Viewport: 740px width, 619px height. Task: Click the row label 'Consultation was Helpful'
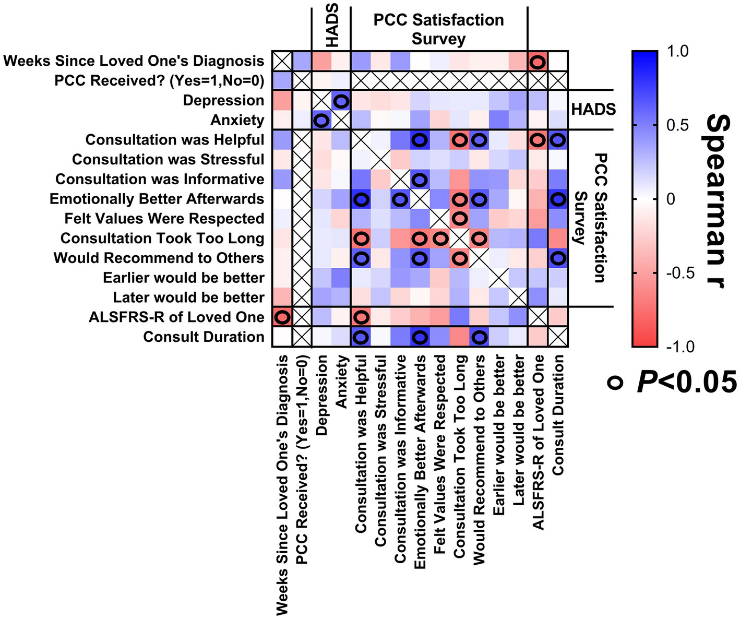point(175,140)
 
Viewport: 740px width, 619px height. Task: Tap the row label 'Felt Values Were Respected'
point(164,219)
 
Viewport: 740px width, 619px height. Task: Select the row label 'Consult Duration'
point(204,337)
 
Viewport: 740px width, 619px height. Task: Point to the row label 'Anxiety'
point(237,121)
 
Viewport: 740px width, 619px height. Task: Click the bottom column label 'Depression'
point(321,395)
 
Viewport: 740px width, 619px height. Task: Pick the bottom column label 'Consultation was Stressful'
point(381,451)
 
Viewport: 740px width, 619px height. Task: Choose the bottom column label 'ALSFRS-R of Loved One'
point(539,443)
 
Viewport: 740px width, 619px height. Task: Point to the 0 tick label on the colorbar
point(671,199)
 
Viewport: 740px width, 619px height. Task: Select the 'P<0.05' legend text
point(686,382)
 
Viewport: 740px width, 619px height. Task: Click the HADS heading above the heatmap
point(331,25)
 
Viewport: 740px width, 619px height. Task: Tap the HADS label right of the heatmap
point(593,110)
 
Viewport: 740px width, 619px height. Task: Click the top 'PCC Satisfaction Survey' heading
point(438,29)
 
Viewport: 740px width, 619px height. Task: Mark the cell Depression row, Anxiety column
point(341,101)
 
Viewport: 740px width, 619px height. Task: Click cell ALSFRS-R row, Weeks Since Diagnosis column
point(282,317)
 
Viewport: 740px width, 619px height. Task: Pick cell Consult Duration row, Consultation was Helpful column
point(361,337)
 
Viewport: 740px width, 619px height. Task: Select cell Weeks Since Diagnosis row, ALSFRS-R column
point(538,62)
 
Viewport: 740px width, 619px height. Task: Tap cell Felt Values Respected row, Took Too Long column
point(459,219)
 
